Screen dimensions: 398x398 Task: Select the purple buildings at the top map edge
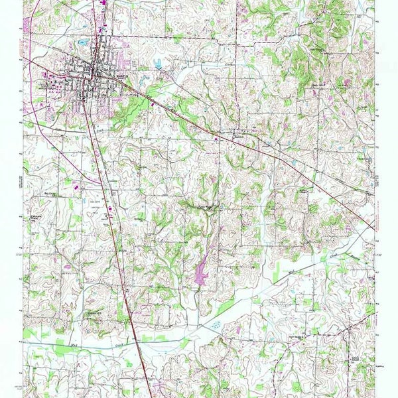[105, 3]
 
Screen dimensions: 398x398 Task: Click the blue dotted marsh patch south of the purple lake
[216, 326]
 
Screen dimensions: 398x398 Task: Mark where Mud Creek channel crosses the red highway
[135, 340]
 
